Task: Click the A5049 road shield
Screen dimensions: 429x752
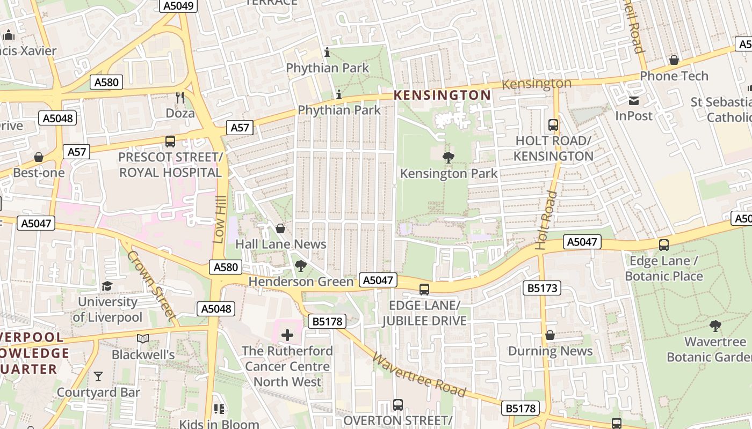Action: point(179,5)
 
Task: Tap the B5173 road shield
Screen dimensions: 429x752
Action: point(541,288)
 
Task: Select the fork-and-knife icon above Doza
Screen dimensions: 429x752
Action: point(180,97)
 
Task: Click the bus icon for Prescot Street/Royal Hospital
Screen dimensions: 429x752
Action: point(170,142)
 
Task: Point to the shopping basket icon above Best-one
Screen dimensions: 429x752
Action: point(39,157)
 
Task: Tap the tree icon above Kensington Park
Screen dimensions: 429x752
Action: point(448,157)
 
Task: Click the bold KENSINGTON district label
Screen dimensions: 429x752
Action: point(442,95)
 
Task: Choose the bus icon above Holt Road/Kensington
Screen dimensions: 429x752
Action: point(553,125)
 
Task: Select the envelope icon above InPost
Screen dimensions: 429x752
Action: point(634,100)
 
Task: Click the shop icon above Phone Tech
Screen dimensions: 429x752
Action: point(674,60)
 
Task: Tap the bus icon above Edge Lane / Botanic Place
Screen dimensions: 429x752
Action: point(664,245)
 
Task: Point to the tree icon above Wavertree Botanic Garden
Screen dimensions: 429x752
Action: point(715,326)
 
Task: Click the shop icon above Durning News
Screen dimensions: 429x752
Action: point(550,335)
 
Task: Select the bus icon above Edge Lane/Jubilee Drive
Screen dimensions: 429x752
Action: point(424,290)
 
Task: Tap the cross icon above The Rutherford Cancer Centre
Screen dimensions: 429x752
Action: point(287,336)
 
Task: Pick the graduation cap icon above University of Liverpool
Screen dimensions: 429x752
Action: point(107,286)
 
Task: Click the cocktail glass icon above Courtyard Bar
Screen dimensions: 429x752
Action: point(98,376)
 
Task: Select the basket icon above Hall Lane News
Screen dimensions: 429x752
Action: point(280,228)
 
